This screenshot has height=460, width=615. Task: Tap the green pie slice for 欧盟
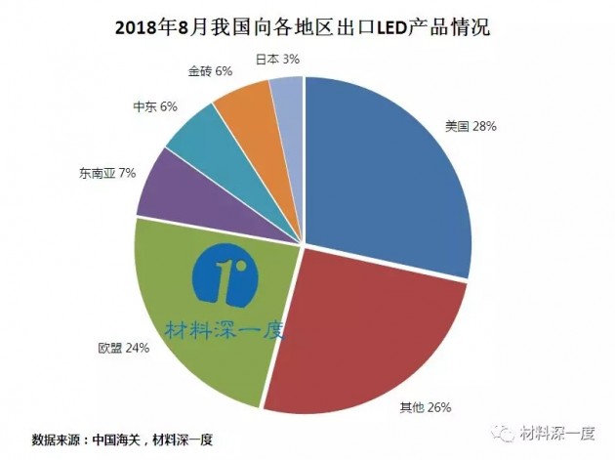click(195, 322)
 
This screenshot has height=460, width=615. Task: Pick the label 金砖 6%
click(210, 71)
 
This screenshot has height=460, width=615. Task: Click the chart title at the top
click(307, 27)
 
